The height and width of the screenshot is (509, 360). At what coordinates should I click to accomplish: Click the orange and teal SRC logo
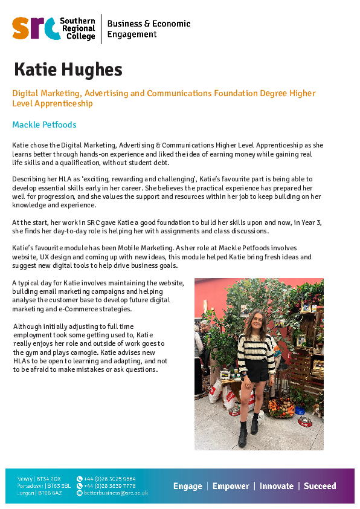pyautogui.click(x=36, y=28)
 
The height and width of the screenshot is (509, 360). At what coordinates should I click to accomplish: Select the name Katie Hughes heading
pyautogui.click(x=68, y=70)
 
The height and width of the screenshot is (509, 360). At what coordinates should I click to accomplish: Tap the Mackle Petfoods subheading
pyautogui.click(x=44, y=125)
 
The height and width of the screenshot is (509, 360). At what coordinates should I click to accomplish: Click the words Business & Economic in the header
pyautogui.click(x=149, y=24)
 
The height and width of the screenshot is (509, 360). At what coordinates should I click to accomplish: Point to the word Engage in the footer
pyautogui.click(x=187, y=486)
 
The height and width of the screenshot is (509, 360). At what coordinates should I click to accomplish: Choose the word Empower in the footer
pyautogui.click(x=231, y=486)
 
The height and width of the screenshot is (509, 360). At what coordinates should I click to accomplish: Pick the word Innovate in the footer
pyautogui.click(x=277, y=486)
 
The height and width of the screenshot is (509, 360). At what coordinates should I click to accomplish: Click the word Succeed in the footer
pyautogui.click(x=320, y=486)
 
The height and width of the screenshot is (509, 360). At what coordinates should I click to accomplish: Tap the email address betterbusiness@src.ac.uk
pyautogui.click(x=115, y=493)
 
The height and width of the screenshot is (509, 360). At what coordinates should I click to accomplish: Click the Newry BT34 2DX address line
pyautogui.click(x=40, y=479)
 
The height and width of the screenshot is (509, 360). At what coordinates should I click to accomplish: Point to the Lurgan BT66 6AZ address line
pyautogui.click(x=40, y=493)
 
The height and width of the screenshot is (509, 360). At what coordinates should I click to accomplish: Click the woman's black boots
pyautogui.click(x=248, y=434)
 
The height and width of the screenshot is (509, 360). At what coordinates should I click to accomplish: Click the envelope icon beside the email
pyautogui.click(x=79, y=493)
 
